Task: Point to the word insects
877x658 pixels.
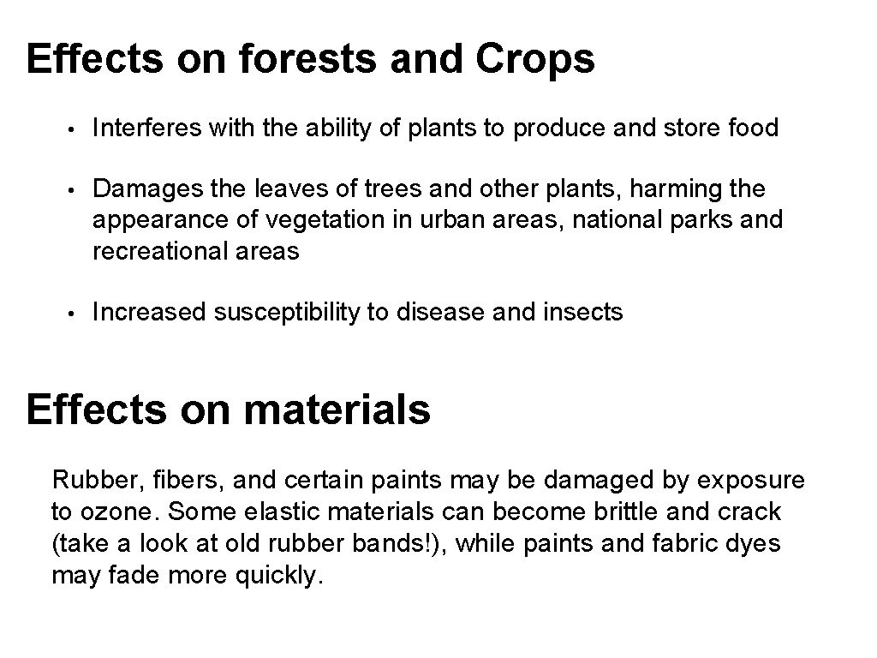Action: [583, 313]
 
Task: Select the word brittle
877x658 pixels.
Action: [624, 511]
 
